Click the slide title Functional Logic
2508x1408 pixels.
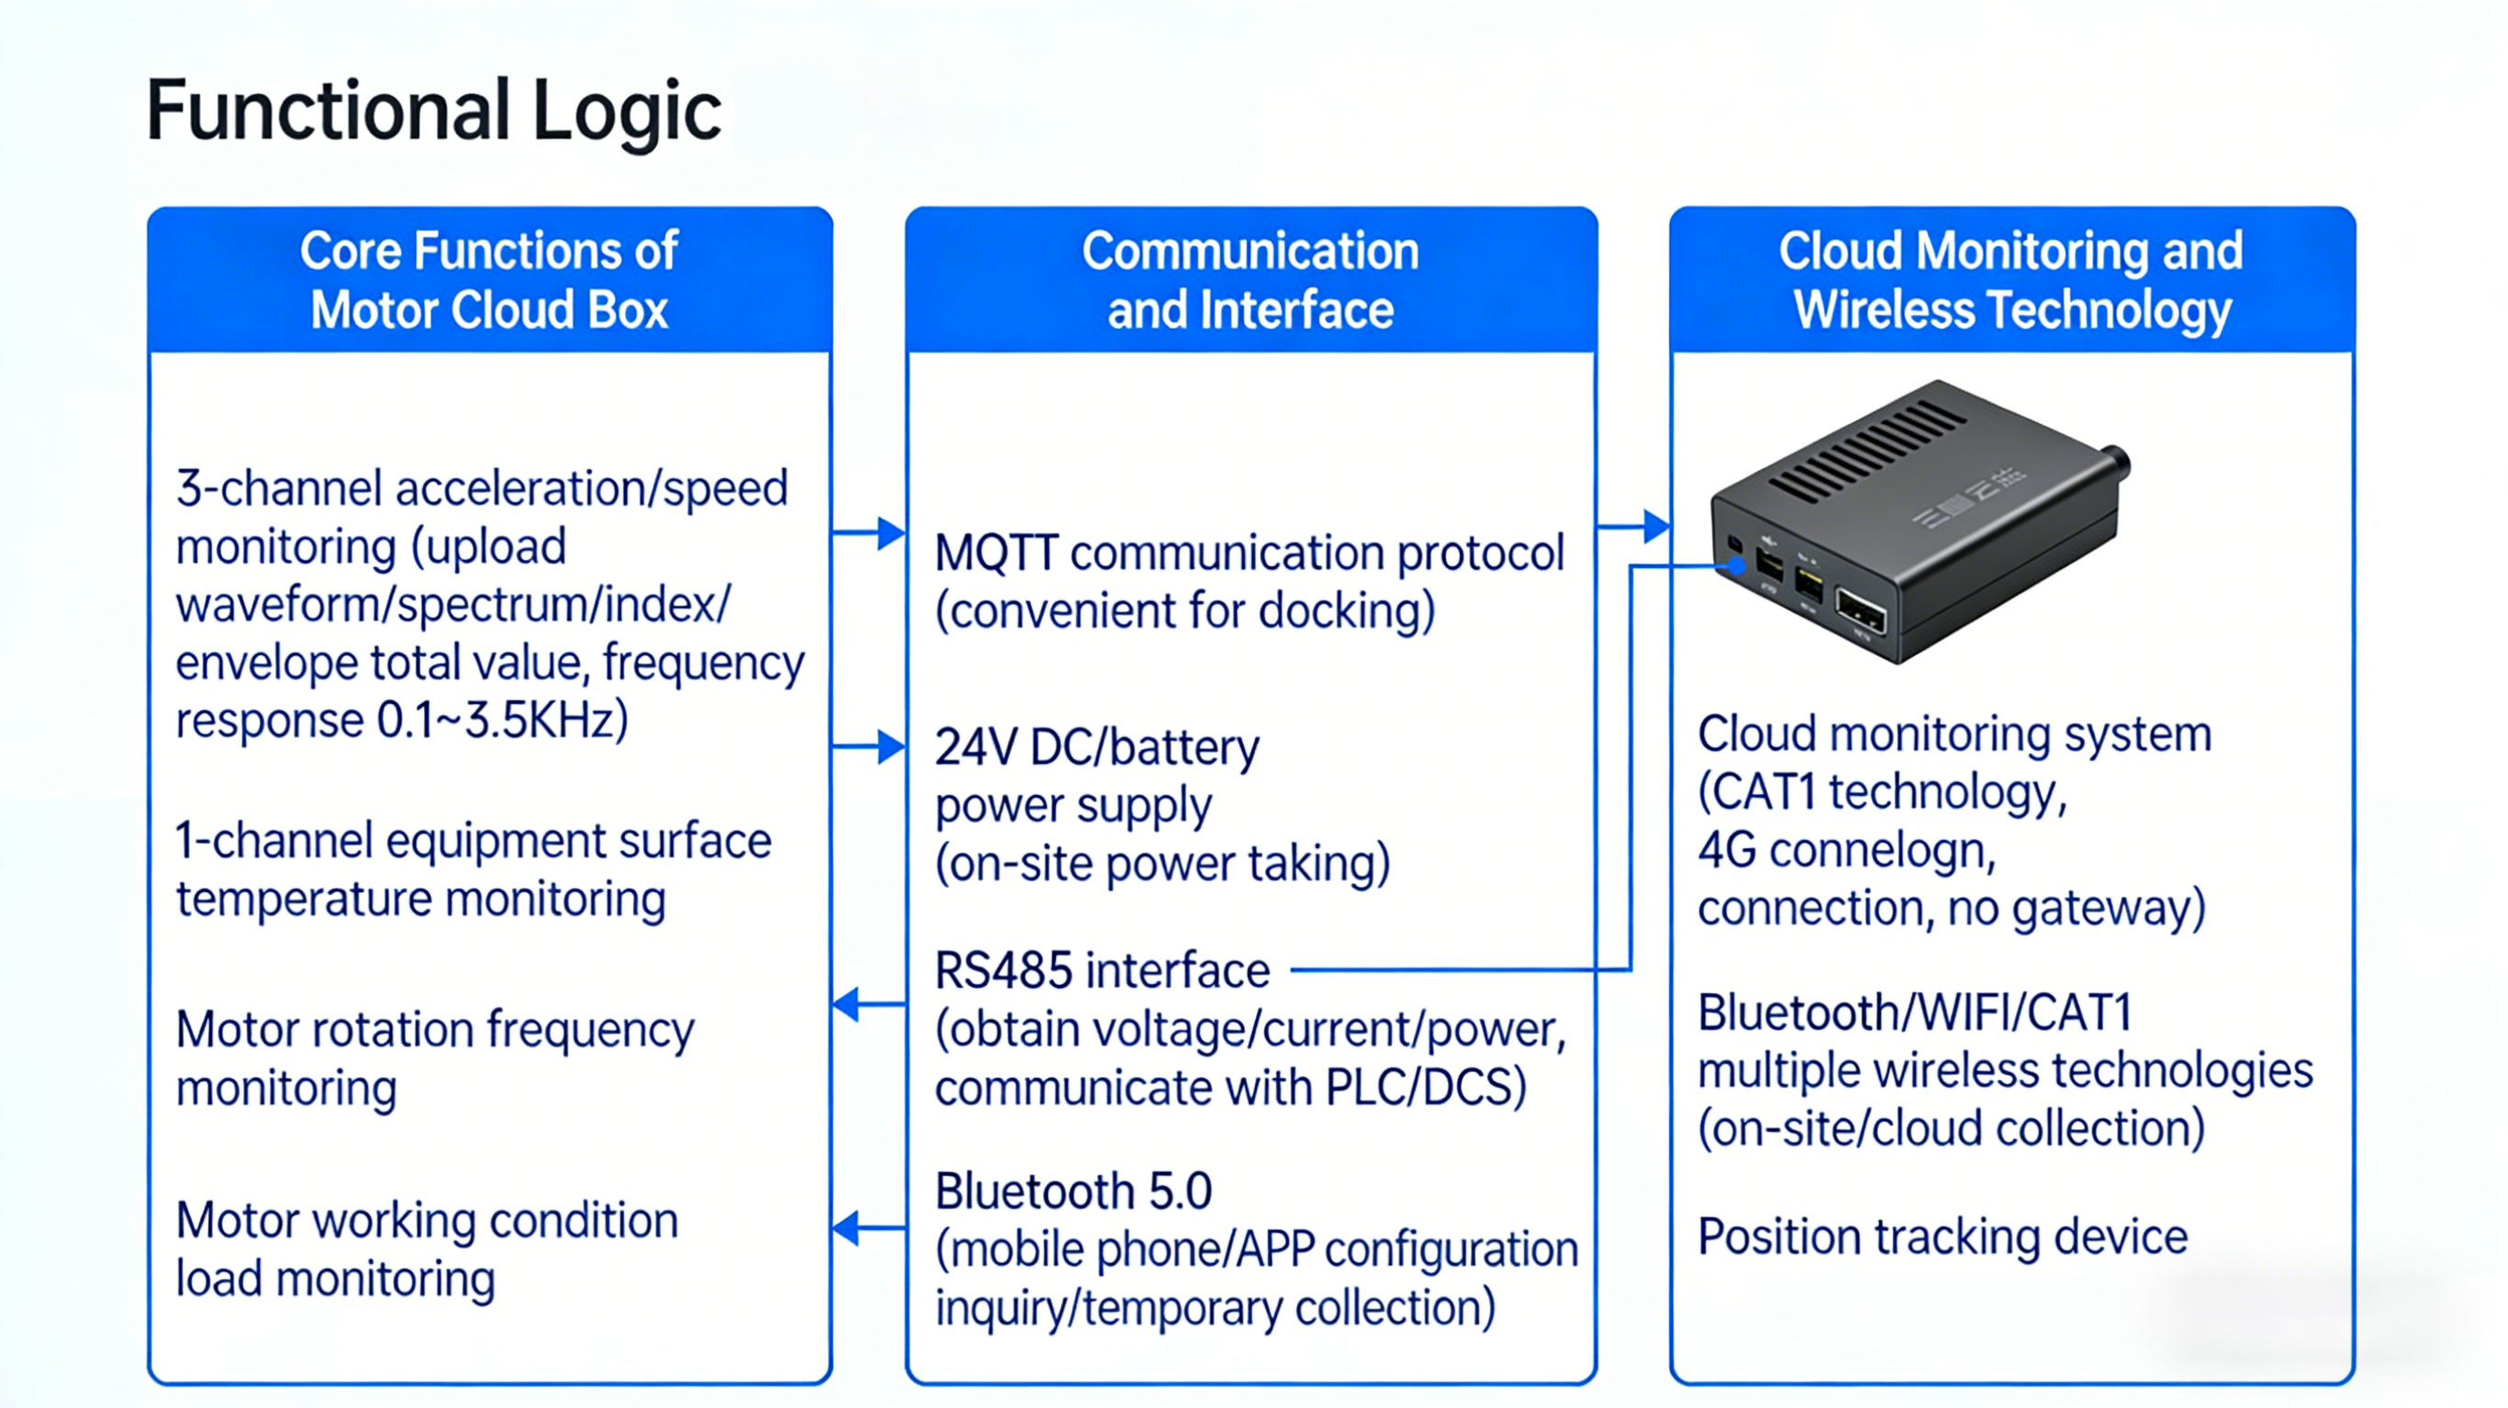(433, 111)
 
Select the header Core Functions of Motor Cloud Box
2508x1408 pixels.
(488, 281)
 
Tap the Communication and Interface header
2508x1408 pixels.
(1250, 281)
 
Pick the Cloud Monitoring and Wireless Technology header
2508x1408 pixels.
(2011, 281)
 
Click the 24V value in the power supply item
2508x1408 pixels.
(976, 748)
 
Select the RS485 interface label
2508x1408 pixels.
(1103, 971)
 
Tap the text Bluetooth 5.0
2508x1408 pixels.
(1073, 1190)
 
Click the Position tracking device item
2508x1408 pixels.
(1943, 1236)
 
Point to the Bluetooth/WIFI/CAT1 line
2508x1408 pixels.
(1915, 1012)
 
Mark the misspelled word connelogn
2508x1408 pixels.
(1881, 851)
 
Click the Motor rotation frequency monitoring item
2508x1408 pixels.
(434, 1058)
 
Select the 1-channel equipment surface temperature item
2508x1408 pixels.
(473, 869)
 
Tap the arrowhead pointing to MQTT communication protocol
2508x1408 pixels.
(890, 533)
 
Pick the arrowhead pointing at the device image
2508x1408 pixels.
(1655, 527)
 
